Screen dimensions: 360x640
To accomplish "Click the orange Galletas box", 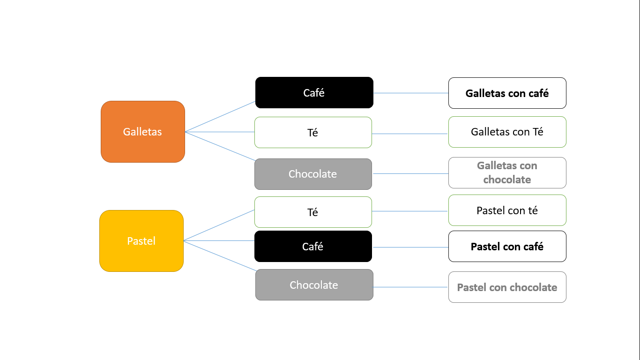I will [x=143, y=132].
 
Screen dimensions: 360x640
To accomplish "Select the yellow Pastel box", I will [x=141, y=241].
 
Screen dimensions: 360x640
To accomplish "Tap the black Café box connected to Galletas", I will [x=314, y=93].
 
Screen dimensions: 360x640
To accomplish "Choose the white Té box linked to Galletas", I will [x=313, y=133].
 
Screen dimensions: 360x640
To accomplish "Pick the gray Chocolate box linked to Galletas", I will [x=313, y=174].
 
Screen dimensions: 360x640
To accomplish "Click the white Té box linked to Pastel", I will [x=313, y=212].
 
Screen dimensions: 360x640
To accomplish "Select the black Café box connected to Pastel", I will [x=313, y=247].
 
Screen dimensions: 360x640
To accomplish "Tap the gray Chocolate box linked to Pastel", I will [x=314, y=285].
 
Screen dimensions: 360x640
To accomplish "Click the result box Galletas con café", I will [x=507, y=93].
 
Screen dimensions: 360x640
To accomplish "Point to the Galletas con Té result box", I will [x=507, y=132].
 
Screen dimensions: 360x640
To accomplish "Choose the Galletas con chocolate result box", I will [x=507, y=172].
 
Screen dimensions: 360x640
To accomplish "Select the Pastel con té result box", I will [x=507, y=210].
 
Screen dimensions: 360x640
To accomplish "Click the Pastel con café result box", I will [x=507, y=247].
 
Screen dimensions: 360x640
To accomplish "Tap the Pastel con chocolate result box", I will [x=507, y=287].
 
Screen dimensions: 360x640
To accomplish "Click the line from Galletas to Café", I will [x=220, y=116].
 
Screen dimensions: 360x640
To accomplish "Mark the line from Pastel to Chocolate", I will [x=220, y=256].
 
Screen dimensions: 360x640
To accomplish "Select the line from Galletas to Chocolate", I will [x=220, y=146].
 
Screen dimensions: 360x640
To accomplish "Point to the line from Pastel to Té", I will [x=219, y=225].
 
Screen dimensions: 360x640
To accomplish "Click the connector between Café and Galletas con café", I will [x=410, y=93].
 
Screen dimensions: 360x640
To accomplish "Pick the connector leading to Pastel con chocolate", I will [x=410, y=287].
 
